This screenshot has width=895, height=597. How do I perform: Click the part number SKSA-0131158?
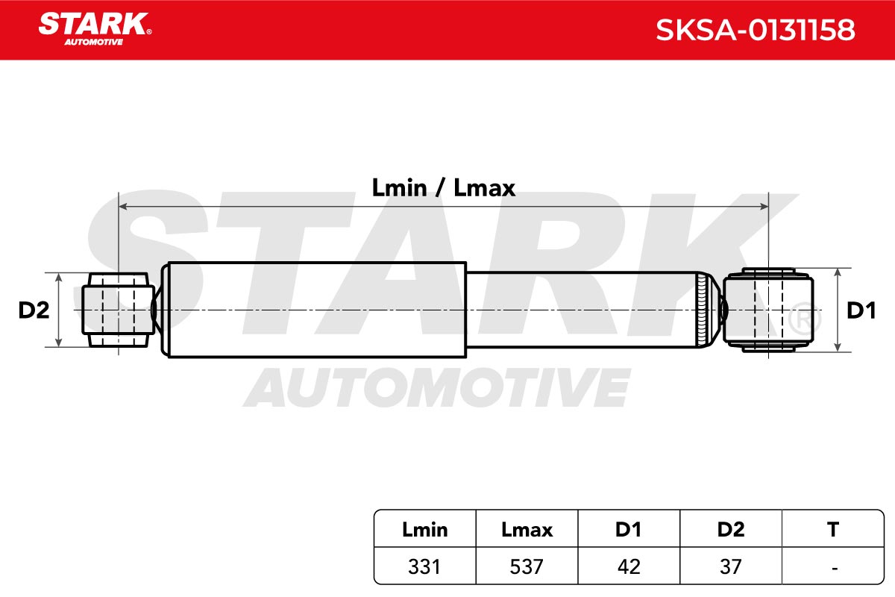755,30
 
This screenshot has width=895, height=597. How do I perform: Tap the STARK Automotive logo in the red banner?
95,29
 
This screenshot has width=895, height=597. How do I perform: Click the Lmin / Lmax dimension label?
444,187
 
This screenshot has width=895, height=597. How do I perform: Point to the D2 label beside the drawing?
34,310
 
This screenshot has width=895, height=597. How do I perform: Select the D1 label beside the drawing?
861,310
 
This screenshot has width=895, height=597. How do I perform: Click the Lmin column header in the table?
424,529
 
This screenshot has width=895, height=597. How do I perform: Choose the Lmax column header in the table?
527,529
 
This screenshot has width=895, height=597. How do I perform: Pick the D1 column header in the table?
629,529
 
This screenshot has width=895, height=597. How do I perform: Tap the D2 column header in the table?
731,529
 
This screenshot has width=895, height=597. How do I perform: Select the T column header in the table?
833,529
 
